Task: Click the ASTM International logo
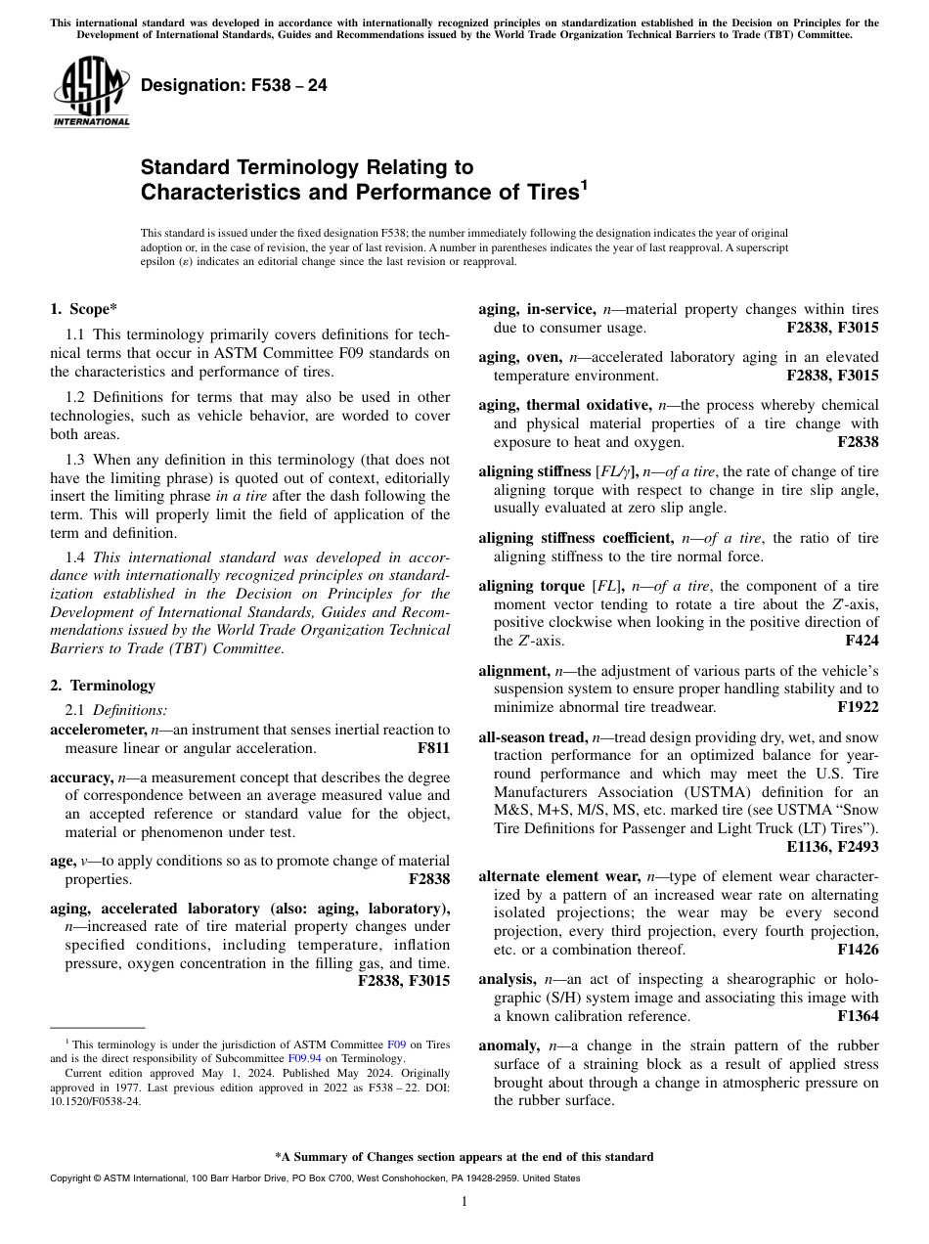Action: pos(90,91)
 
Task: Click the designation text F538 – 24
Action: pos(234,85)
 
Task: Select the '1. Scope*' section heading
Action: pos(84,310)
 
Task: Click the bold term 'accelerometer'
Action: pos(98,730)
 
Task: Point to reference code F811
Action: pos(433,748)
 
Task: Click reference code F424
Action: pos(862,642)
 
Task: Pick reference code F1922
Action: pos(858,706)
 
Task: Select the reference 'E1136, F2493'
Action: pos(832,848)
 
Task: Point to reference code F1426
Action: pos(858,950)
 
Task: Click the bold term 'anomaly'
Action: pos(509,1044)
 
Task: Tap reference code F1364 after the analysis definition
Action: pos(858,1016)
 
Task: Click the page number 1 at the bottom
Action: pos(464,1202)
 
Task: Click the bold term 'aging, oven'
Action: pos(519,356)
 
